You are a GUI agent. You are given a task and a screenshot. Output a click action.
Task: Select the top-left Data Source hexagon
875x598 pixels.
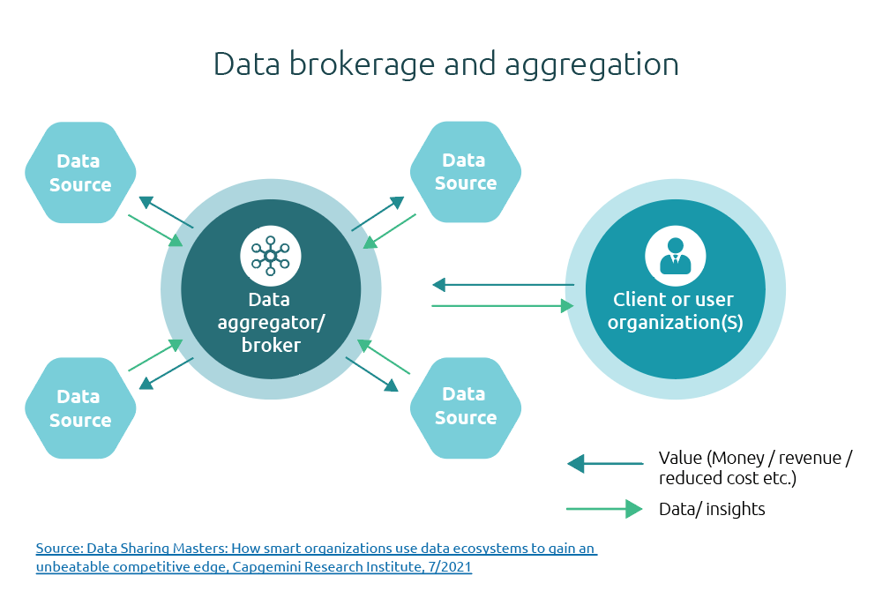tap(80, 173)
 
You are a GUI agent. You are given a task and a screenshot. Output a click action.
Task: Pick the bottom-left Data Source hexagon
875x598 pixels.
tap(80, 408)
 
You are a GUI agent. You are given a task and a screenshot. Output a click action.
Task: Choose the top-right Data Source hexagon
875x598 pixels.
tap(465, 172)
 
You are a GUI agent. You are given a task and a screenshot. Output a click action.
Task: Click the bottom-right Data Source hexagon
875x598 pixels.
tap(465, 406)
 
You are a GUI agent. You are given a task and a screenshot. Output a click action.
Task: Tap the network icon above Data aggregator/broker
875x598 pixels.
tap(271, 256)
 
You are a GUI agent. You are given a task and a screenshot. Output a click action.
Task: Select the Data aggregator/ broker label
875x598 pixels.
tap(271, 322)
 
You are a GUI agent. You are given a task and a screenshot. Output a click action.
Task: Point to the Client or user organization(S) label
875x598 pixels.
tap(675, 310)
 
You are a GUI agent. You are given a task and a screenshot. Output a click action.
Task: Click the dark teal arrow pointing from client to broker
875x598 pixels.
tap(503, 285)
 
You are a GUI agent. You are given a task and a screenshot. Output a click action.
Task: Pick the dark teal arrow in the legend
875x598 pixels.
tap(605, 463)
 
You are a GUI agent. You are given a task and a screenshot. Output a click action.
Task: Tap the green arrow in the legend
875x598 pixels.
tap(605, 509)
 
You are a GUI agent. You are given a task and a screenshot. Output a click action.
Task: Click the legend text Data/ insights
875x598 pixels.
tap(712, 509)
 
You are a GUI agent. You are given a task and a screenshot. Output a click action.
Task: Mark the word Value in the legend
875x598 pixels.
tap(680, 458)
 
